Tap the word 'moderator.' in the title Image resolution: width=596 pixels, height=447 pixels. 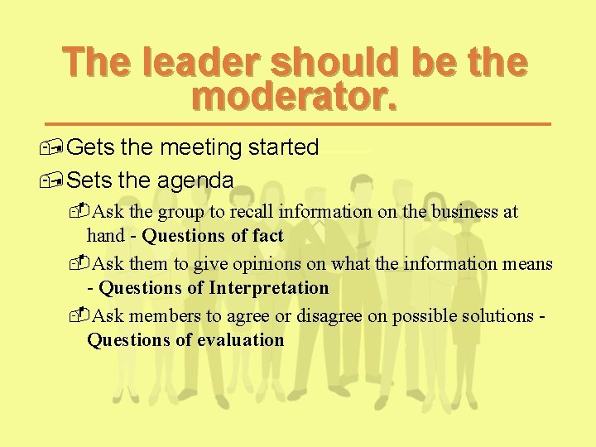(x=295, y=96)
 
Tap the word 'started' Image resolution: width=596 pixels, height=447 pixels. (x=283, y=148)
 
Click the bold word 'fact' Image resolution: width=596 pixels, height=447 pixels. (x=267, y=236)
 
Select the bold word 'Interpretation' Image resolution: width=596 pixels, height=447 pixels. (x=268, y=288)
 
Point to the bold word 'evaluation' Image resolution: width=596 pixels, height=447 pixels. (x=240, y=340)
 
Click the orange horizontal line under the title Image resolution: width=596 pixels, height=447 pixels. (x=306, y=123)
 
